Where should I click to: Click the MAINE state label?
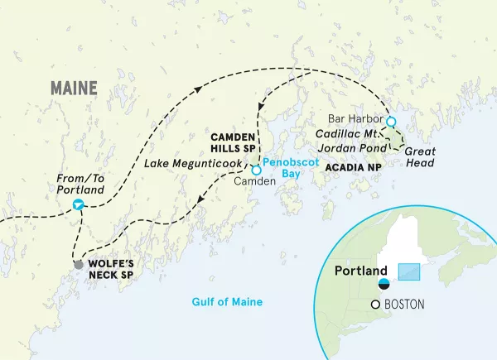74,87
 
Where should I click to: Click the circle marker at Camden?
256,170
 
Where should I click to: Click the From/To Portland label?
80,184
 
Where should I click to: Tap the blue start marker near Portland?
77,204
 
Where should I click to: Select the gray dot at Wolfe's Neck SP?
79,266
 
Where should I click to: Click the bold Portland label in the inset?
360,271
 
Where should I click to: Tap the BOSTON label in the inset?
405,305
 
